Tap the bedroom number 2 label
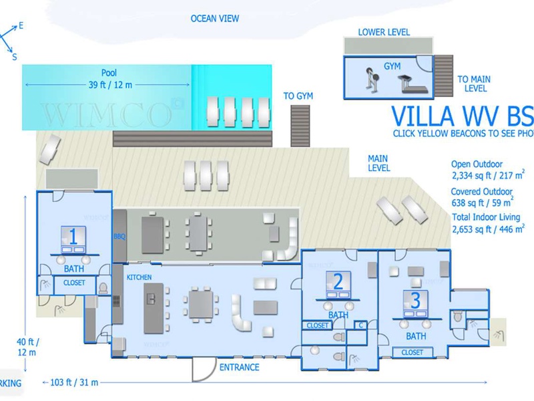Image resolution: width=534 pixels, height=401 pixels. coord(338,281)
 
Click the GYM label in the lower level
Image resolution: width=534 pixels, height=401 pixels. coord(392,65)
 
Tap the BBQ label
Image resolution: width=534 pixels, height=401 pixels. coord(119,237)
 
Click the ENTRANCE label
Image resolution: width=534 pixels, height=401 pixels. coord(239,367)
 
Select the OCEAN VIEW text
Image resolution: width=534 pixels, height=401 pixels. coord(215,19)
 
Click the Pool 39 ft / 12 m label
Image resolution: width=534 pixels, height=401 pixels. coord(109,78)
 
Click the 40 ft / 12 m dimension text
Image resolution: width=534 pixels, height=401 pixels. coord(27,348)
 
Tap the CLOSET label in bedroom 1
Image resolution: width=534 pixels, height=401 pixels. coord(74,283)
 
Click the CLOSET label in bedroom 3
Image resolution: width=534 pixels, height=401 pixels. coord(413,352)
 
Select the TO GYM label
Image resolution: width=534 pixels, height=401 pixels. coord(298,96)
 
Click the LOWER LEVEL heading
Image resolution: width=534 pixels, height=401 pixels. coord(384,32)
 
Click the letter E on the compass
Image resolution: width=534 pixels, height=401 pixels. coord(21,25)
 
